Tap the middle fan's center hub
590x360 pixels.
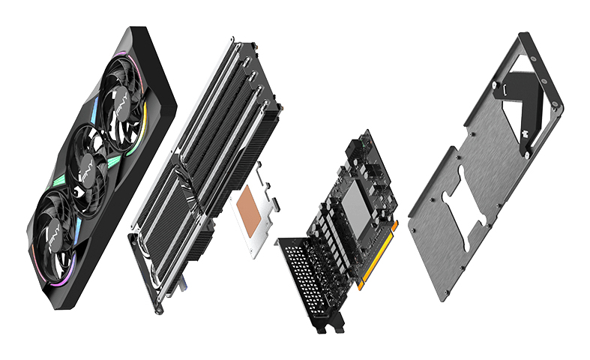pos(88,163)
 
